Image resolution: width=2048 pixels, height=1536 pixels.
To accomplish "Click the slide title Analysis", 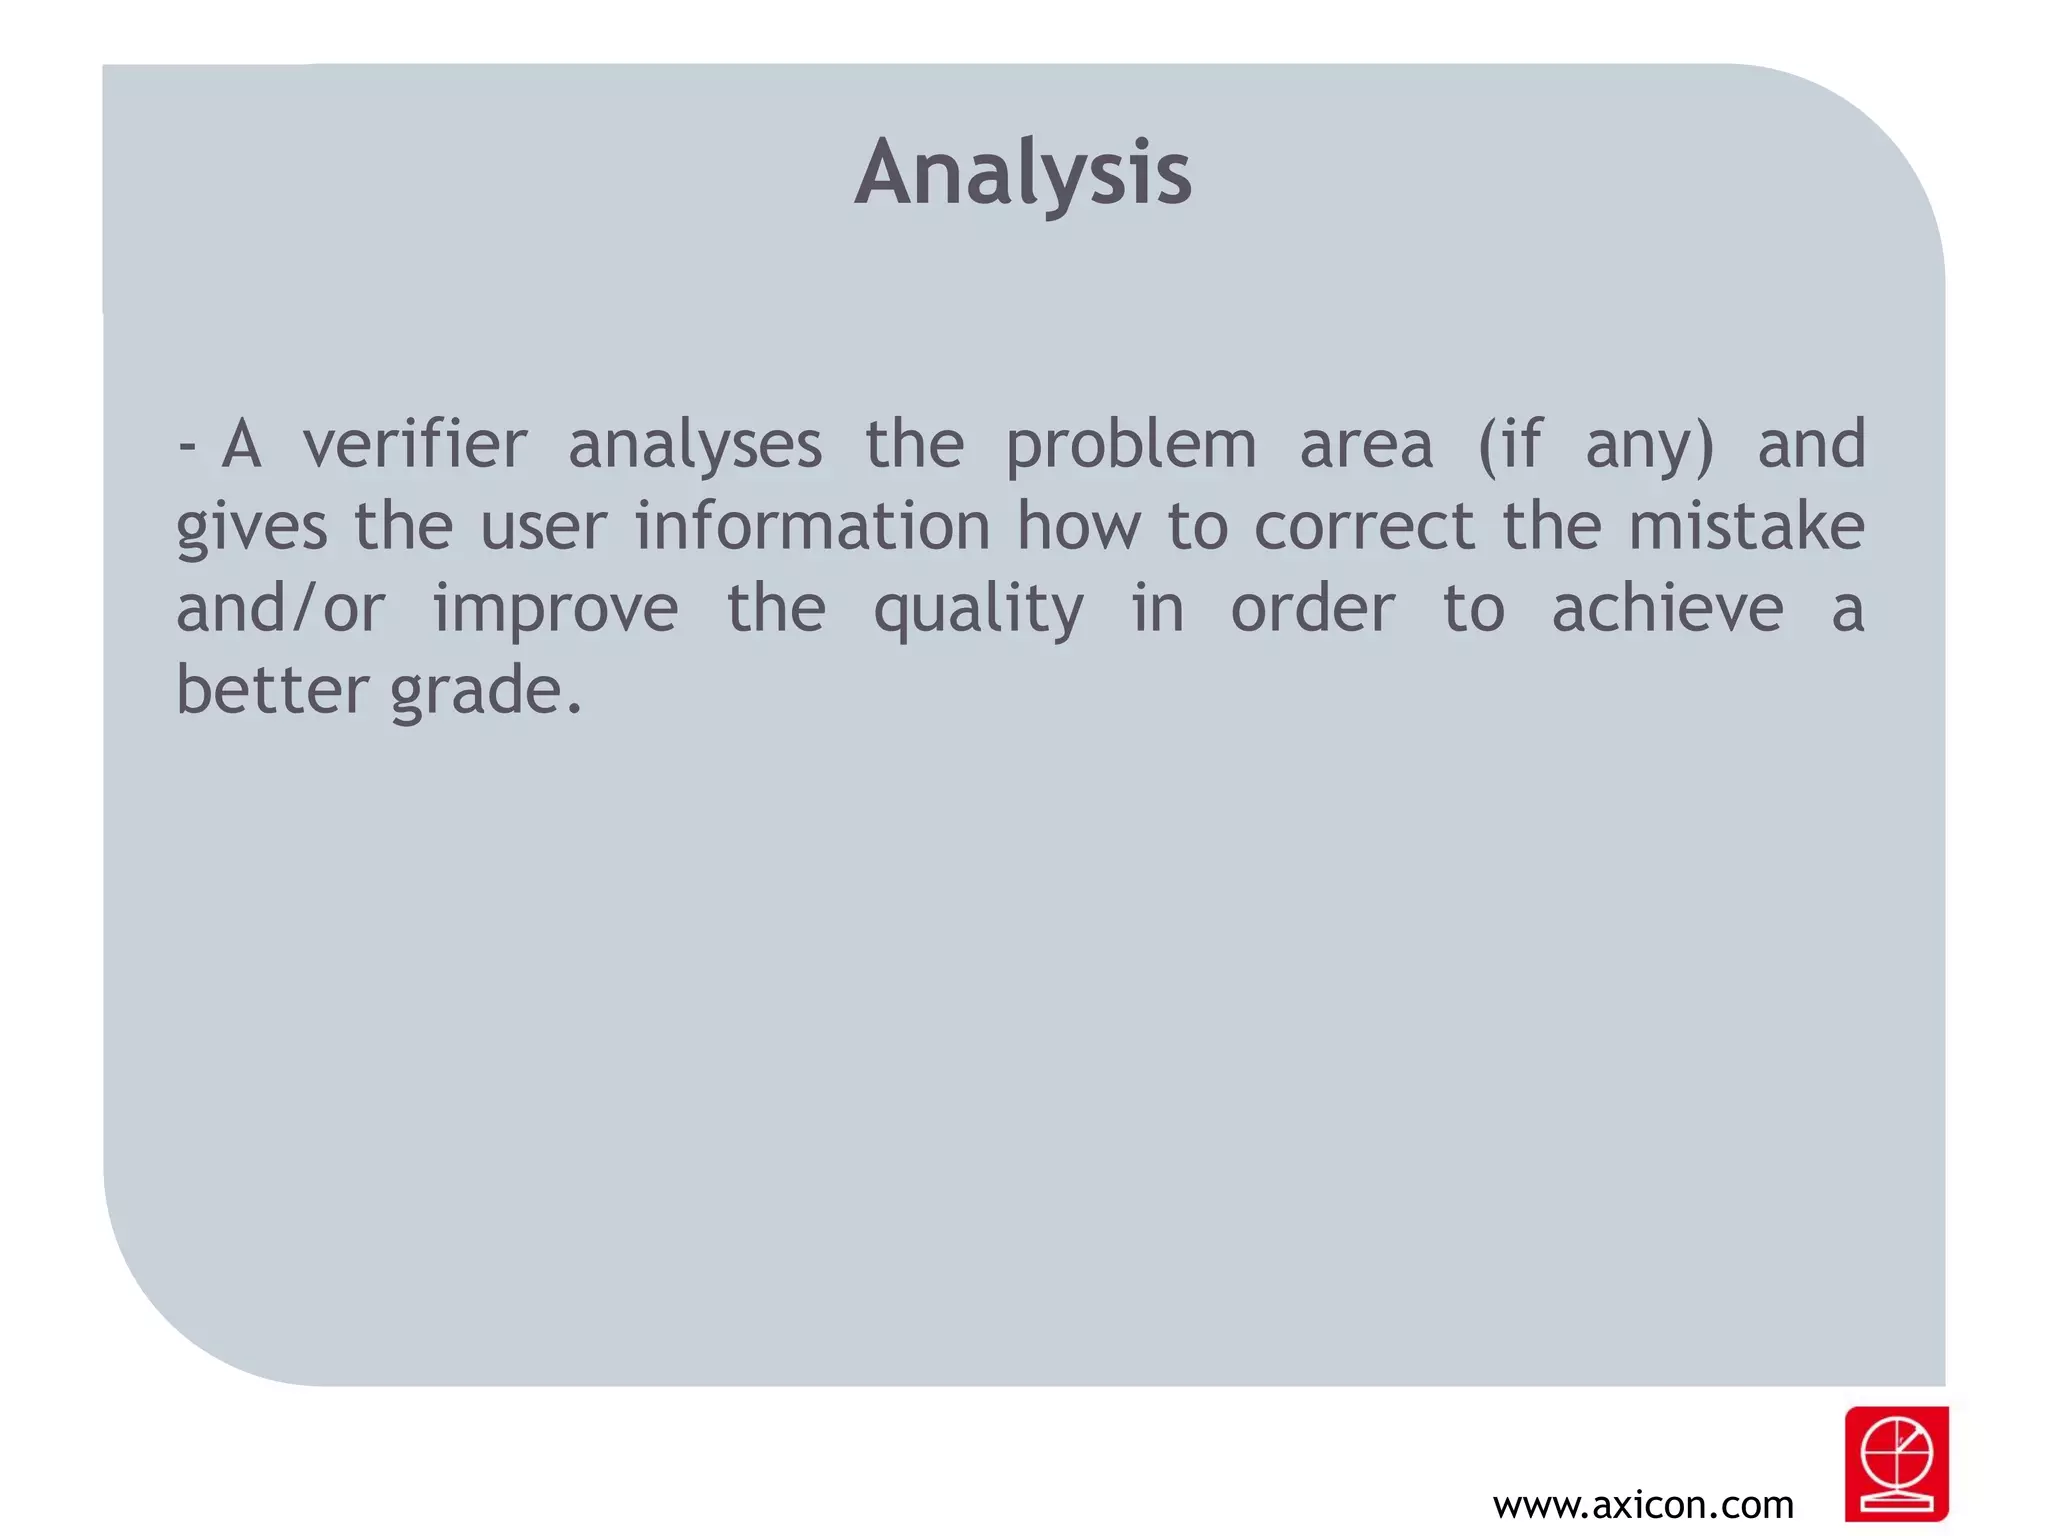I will click(x=1023, y=173).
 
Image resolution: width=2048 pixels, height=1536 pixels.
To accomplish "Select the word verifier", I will click(x=415, y=444).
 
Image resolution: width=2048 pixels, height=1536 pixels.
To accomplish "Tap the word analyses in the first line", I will click(x=695, y=446).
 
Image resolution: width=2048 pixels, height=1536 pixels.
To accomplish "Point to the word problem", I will click(x=1130, y=446).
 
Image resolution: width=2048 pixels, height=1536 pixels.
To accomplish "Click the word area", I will click(x=1366, y=446).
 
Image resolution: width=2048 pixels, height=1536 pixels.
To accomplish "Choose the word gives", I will click(x=251, y=528).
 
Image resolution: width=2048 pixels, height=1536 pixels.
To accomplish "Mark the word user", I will click(x=543, y=528).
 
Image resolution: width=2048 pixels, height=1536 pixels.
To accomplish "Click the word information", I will click(x=812, y=526).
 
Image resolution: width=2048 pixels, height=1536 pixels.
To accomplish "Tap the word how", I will click(x=1078, y=526).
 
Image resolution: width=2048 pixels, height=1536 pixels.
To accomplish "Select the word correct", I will click(x=1364, y=528).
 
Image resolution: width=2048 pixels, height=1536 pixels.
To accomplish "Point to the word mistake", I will click(x=1746, y=526).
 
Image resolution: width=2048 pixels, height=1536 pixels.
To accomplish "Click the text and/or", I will click(x=281, y=608).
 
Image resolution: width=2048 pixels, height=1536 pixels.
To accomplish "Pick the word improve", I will click(x=555, y=610).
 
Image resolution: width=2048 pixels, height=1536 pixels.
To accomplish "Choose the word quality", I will click(x=978, y=610).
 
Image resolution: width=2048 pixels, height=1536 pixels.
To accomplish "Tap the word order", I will click(x=1312, y=608).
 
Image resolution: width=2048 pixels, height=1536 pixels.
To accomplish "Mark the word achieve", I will click(x=1667, y=608).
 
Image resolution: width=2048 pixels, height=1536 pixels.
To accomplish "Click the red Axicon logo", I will click(x=1896, y=1463).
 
